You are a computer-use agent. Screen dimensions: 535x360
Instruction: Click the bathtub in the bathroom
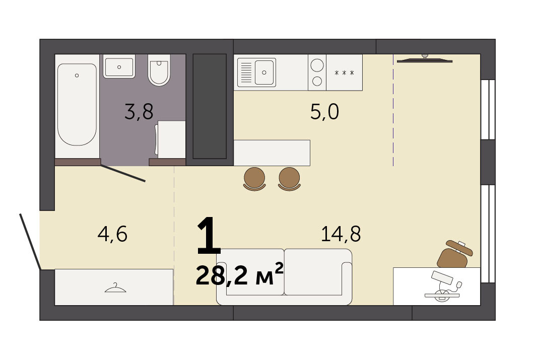(77, 105)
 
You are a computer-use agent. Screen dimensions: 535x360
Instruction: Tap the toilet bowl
(159, 70)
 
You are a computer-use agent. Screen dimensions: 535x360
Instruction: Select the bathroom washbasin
(119, 66)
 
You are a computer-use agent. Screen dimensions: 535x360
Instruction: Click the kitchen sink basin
(264, 73)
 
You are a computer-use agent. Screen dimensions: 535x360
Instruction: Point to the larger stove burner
(317, 65)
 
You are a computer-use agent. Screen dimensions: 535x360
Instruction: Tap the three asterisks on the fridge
(344, 73)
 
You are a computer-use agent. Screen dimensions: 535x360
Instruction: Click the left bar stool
(254, 179)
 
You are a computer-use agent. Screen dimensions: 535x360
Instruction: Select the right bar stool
(289, 179)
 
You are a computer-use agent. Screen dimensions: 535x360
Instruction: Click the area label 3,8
(139, 112)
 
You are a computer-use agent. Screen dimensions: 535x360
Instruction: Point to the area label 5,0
(324, 112)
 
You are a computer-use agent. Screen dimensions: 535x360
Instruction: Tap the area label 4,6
(113, 234)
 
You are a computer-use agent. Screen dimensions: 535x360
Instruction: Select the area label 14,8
(341, 234)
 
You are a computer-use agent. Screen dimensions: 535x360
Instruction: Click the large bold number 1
(209, 235)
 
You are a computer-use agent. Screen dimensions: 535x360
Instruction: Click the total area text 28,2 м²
(239, 275)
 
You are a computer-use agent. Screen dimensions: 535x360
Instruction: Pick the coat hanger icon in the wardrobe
(115, 288)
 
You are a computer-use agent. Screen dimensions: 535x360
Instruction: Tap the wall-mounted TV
(425, 60)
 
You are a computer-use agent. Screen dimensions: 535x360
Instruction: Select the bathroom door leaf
(123, 173)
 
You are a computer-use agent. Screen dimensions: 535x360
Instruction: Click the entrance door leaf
(30, 241)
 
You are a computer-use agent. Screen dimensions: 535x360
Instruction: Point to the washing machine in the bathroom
(171, 139)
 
